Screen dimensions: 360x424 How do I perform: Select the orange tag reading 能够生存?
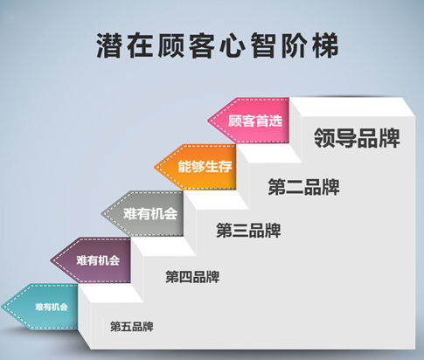pos(204,166)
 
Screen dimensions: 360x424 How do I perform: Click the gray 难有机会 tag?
pos(150,213)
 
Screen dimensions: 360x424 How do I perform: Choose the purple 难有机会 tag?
pos(98,260)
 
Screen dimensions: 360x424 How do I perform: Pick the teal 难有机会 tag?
pos(50,307)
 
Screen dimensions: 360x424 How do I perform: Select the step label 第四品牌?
pos(192,277)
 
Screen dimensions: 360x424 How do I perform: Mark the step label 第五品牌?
pos(132,327)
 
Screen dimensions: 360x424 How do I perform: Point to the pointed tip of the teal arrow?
pos(3,307)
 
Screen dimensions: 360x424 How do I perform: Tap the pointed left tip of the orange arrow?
pos(155,166)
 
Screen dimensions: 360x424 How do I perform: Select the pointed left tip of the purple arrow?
pos(51,260)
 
